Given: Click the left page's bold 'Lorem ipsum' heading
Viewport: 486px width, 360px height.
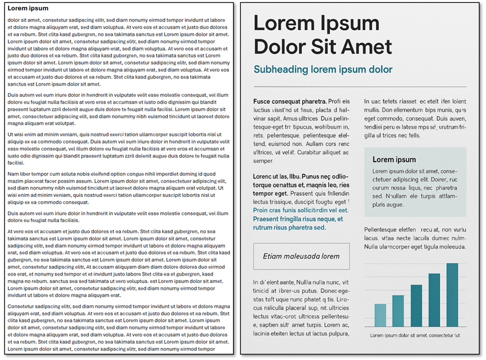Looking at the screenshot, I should [28, 8].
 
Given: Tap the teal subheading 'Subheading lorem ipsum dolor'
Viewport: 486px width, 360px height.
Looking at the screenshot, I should [323, 70].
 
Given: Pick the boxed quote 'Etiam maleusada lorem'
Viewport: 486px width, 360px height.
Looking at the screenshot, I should [301, 257].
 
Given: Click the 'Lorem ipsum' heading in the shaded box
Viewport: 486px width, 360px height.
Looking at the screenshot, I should [394, 159].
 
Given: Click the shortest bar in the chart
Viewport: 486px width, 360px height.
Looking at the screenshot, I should [380, 315].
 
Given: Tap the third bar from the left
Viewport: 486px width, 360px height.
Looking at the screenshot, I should [416, 306].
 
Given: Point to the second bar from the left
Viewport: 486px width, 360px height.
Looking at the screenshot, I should [398, 311].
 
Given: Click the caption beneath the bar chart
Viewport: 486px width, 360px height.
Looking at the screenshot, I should [415, 335].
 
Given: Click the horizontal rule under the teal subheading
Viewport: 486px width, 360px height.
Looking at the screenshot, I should [359, 87].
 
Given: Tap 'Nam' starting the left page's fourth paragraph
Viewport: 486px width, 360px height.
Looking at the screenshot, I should [13, 174].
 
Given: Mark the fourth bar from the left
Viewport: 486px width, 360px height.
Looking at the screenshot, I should [434, 300].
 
